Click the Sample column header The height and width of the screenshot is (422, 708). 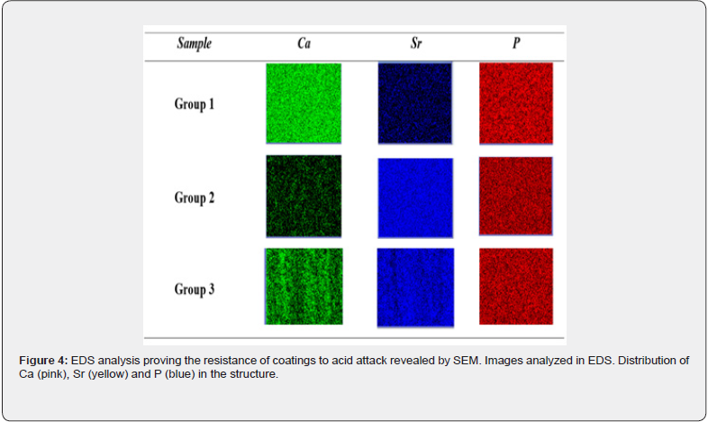195,43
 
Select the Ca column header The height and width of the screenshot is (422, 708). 304,43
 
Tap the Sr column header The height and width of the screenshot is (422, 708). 416,43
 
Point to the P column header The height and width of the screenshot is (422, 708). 516,43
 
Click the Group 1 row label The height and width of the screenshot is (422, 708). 195,104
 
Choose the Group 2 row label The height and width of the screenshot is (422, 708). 195,197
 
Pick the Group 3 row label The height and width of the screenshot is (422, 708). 195,289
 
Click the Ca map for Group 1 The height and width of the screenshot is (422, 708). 304,104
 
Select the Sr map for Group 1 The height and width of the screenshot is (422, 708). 415,104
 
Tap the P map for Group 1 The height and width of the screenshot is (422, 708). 516,104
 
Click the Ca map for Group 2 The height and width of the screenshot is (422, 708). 304,196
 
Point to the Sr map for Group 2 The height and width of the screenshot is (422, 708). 415,197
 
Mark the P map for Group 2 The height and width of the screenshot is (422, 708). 515,196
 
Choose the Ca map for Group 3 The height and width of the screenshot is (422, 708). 304,287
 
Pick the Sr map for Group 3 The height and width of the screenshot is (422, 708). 415,288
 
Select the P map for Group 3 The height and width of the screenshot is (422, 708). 516,287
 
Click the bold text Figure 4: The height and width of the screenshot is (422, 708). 43,361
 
